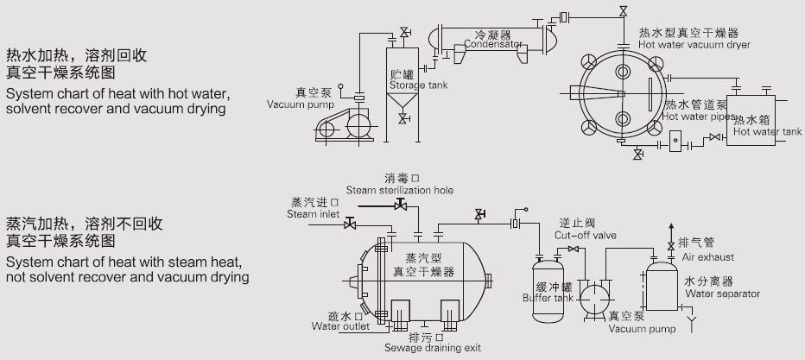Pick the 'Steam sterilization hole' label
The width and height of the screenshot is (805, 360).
399,190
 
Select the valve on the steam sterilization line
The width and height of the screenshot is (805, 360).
400,205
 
